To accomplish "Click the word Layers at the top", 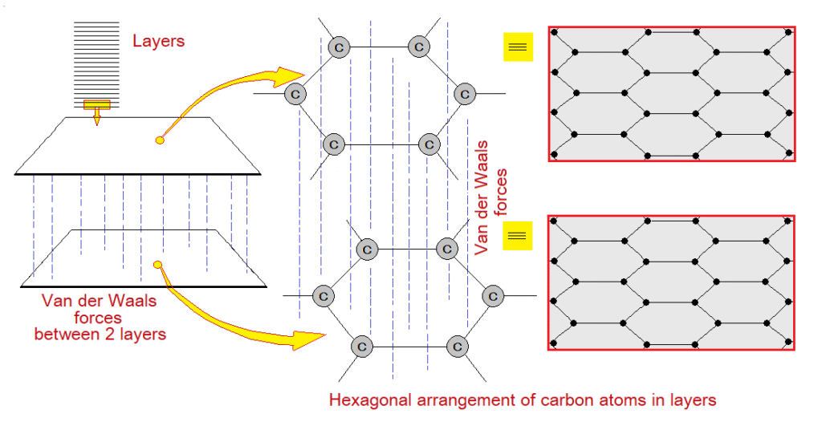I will pyautogui.click(x=158, y=40).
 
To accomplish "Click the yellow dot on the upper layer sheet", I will pyautogui.click(x=159, y=140).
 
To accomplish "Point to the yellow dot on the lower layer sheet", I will pyautogui.click(x=158, y=264).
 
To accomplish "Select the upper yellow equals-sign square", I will pyautogui.click(x=518, y=47).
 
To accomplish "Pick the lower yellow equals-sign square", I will pyautogui.click(x=517, y=235).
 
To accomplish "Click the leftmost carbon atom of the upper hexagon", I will pyautogui.click(x=295, y=94).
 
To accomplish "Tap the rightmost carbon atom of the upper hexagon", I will pyautogui.click(x=463, y=94).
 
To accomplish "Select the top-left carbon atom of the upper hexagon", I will pyautogui.click(x=338, y=47).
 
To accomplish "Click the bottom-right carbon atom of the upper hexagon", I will pyautogui.click(x=429, y=144).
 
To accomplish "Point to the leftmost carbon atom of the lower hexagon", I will pyautogui.click(x=323, y=296).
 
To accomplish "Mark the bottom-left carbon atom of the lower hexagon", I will pyautogui.click(x=361, y=346).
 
